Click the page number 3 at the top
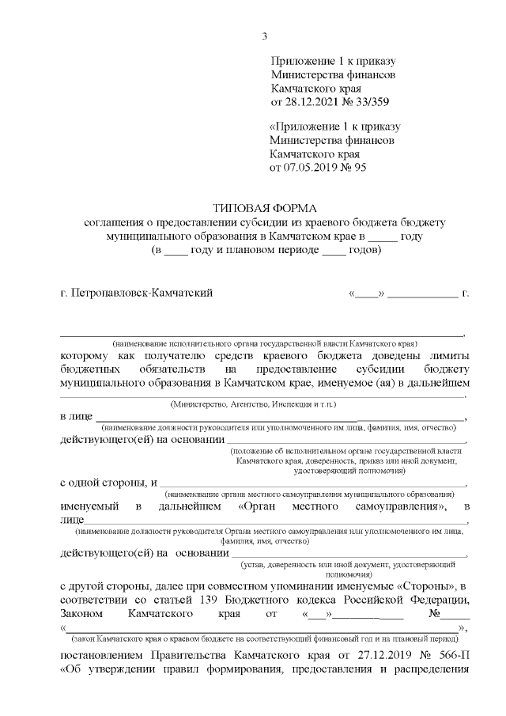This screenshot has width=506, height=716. click(266, 36)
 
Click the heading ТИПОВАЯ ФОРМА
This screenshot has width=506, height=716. click(265, 208)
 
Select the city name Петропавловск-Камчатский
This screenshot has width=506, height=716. click(143, 294)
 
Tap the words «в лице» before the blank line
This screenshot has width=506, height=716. click(76, 416)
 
